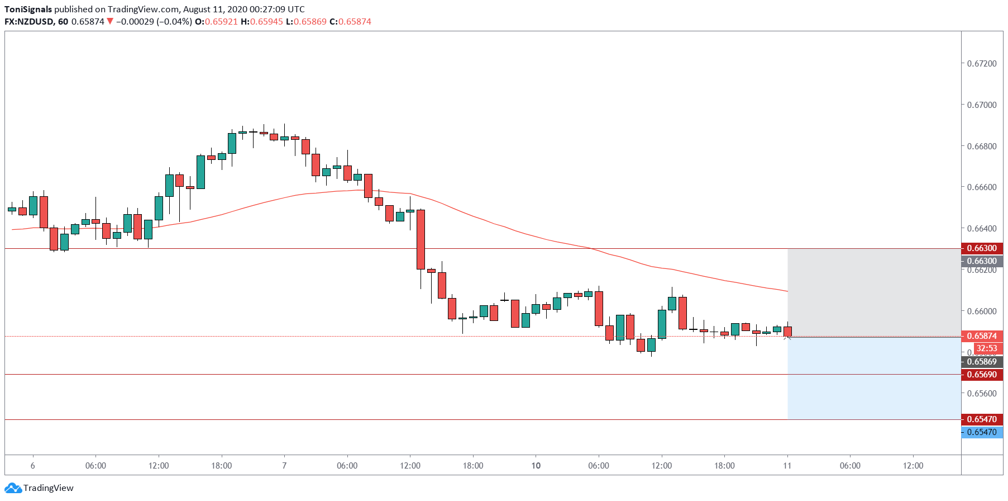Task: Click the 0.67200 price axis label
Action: [981, 64]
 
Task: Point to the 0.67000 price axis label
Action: [981, 105]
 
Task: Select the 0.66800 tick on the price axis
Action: [981, 146]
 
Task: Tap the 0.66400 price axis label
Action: [981, 229]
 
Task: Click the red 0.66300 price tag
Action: [981, 248]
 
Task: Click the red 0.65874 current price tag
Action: [981, 336]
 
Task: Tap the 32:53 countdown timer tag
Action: [987, 348]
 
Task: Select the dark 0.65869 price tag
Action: [981, 362]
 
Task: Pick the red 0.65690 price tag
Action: [981, 375]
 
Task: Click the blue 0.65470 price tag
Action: [981, 432]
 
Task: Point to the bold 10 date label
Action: [536, 466]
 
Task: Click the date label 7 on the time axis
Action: [284, 466]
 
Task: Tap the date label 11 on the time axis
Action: [787, 466]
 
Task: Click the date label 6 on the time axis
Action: [33, 466]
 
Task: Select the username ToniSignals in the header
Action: [28, 10]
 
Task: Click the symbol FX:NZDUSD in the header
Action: [29, 22]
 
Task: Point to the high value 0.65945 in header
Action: [266, 22]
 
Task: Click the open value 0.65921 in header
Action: [221, 22]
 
